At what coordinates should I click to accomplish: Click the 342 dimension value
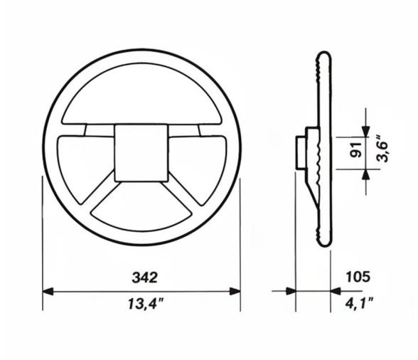(142, 276)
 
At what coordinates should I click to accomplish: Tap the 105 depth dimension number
(358, 276)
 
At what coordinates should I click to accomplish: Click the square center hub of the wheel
(142, 151)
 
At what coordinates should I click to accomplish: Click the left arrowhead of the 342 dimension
(48, 291)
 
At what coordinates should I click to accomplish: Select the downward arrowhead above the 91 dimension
(365, 130)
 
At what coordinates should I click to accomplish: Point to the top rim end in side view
(323, 57)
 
